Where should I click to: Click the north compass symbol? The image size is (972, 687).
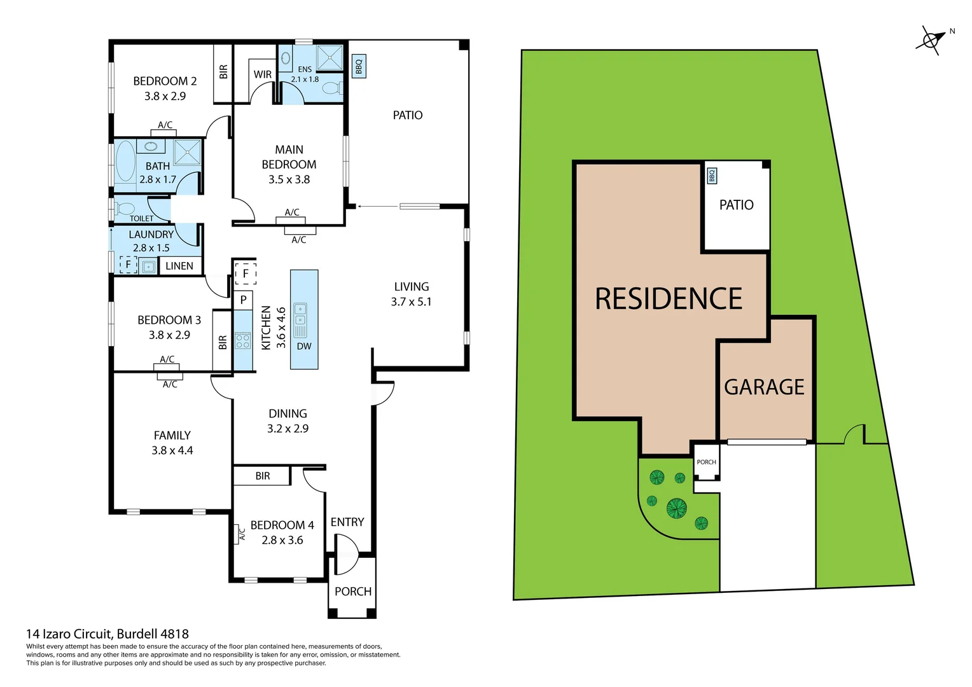coord(931,39)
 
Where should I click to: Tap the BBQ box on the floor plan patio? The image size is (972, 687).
coord(359,66)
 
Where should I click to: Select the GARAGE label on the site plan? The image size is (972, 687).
coord(764,387)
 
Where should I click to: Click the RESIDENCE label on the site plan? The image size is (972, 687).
coord(668,299)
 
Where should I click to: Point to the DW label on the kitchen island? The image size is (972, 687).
coord(304,347)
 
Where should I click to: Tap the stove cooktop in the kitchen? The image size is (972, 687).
coord(243,341)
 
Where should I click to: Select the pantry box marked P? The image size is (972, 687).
coord(243,300)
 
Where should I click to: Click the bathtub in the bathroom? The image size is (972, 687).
coord(125,163)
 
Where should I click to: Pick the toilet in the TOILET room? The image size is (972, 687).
coord(125,209)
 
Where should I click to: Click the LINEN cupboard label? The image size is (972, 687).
coord(179,266)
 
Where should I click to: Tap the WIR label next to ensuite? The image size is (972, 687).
coord(263,74)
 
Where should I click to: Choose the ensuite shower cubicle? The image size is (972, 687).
coord(330,58)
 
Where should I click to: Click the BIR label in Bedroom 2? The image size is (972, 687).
coord(223,72)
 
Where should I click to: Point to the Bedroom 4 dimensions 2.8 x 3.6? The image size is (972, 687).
coord(282,540)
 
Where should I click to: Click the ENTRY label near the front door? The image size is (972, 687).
coord(347,522)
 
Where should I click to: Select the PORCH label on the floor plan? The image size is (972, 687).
coord(353,592)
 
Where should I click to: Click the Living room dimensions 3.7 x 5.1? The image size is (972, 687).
coord(411,302)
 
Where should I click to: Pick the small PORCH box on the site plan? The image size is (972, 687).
coord(706,462)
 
